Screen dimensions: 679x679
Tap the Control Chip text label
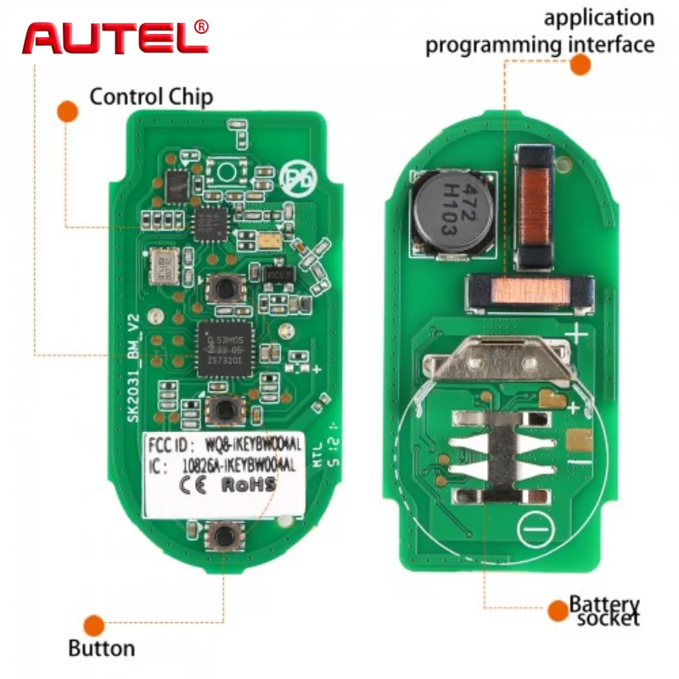tap(151, 95)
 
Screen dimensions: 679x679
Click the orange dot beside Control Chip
tap(68, 111)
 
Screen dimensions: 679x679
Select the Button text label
tap(101, 649)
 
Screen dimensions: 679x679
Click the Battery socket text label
tap(604, 611)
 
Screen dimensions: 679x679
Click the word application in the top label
tap(599, 18)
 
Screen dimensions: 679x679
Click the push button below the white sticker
tap(224, 536)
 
